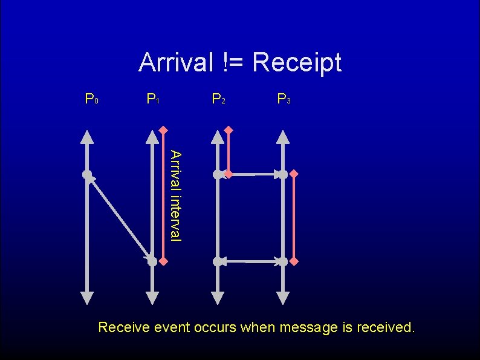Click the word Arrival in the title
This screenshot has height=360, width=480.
(x=175, y=62)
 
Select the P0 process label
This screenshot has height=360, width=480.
(x=92, y=99)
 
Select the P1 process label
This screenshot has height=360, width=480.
(x=152, y=99)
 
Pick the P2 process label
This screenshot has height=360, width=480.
(x=218, y=99)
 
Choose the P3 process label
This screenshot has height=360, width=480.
(x=283, y=99)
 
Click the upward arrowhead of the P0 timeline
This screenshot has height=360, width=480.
(x=87, y=136)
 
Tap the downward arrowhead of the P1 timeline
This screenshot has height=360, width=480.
(x=152, y=297)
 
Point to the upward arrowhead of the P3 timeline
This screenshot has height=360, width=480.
(x=283, y=136)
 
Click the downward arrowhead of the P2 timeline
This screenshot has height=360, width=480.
(x=218, y=297)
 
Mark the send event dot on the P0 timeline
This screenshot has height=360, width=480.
(x=87, y=175)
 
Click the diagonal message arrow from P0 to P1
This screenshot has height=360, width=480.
(x=120, y=218)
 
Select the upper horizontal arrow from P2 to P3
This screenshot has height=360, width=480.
(x=250, y=175)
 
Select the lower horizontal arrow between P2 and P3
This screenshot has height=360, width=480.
(x=250, y=262)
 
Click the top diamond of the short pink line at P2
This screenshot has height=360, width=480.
(x=229, y=130)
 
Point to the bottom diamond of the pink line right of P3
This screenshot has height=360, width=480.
(x=294, y=261)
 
